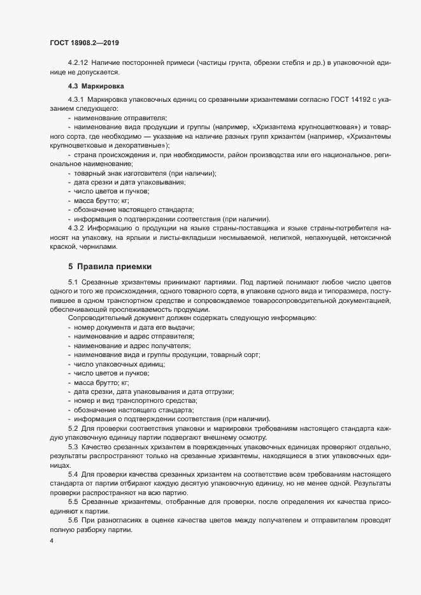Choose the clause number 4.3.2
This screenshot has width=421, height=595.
click(76, 227)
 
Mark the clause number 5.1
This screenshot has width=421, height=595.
click(72, 282)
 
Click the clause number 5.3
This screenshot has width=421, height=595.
click(72, 448)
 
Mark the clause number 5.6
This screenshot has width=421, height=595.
click(72, 521)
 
